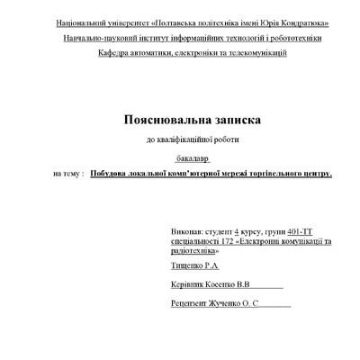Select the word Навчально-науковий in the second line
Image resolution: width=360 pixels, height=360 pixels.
[x=99, y=38]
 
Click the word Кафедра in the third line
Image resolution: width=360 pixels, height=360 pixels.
[x=116, y=54]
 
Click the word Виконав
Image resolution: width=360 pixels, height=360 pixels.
[x=186, y=232]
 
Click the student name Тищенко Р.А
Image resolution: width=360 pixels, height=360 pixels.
[x=193, y=267]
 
